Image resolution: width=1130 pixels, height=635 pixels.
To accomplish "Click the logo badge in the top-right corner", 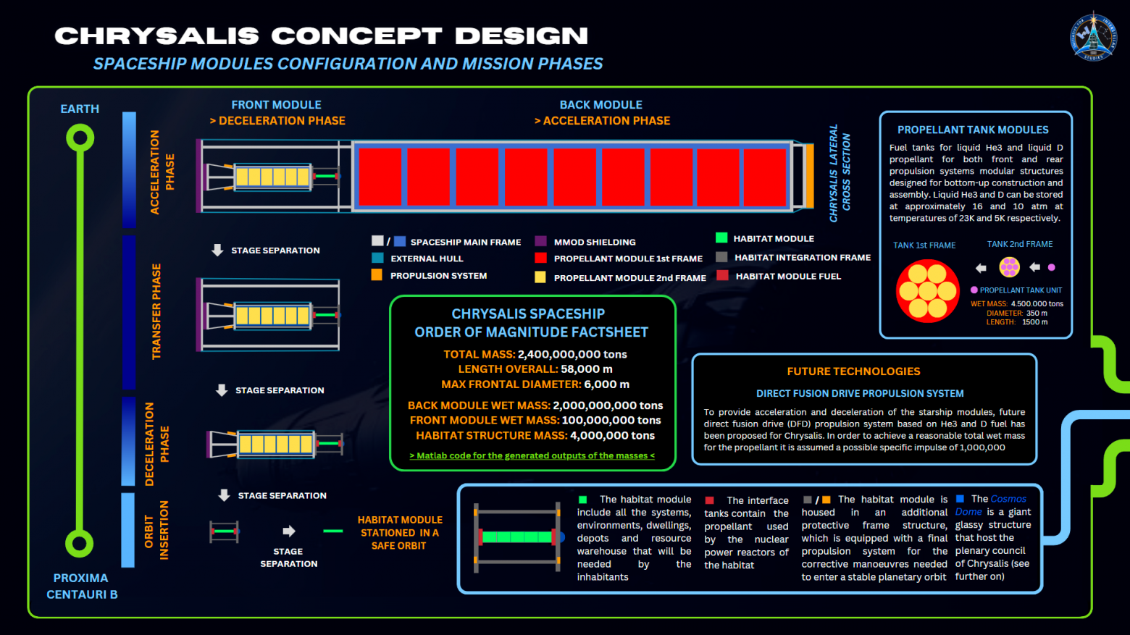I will pyautogui.click(x=1093, y=36).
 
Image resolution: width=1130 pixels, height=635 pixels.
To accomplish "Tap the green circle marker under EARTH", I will pyautogui.click(x=80, y=138).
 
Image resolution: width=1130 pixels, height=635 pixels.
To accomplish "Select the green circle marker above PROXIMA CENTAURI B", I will pyautogui.click(x=80, y=544).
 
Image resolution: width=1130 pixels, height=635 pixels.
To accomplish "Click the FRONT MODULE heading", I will pyautogui.click(x=276, y=105).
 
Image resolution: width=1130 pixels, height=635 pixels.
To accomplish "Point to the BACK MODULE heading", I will pyautogui.click(x=600, y=105).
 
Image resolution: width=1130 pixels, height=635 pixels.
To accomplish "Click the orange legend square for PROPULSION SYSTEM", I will pyautogui.click(x=377, y=275).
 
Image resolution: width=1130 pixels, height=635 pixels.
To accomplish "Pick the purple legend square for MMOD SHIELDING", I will pyautogui.click(x=540, y=241).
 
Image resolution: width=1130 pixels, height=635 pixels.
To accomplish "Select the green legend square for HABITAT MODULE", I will pyautogui.click(x=721, y=237).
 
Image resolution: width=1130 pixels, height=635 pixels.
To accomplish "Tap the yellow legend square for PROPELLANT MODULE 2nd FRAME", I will pyautogui.click(x=540, y=277).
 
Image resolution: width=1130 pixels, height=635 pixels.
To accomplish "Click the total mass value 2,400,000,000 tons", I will pyautogui.click(x=572, y=354).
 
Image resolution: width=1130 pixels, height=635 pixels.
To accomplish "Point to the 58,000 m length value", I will pyautogui.click(x=586, y=369).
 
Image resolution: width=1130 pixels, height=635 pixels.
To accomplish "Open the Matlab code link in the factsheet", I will pyautogui.click(x=532, y=455).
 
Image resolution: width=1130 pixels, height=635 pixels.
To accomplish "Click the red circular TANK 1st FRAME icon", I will pyautogui.click(x=927, y=291).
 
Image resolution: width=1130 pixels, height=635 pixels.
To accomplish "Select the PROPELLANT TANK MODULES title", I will pyautogui.click(x=973, y=130).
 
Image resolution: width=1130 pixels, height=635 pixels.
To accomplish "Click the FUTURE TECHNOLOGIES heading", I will pyautogui.click(x=853, y=371).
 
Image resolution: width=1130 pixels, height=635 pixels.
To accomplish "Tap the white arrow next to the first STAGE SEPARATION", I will pyautogui.click(x=217, y=250).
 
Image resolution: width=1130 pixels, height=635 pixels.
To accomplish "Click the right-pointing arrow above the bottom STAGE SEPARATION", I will pyautogui.click(x=288, y=531).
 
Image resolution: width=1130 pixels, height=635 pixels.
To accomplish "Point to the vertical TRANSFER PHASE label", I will pyautogui.click(x=156, y=311).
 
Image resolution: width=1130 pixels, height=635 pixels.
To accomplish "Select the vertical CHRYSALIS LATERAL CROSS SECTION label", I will pyautogui.click(x=840, y=173).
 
